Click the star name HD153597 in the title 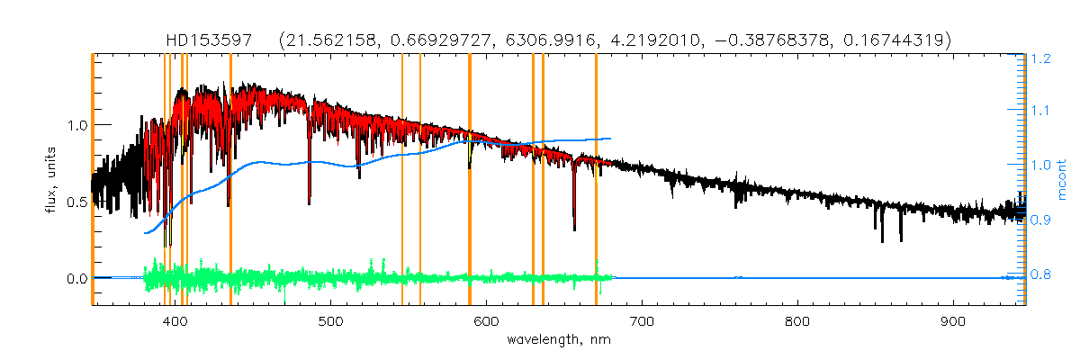208,40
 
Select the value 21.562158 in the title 328,40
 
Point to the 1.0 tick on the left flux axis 75,124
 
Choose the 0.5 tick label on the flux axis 75,202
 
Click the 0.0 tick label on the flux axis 75,279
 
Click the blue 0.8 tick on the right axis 1042,274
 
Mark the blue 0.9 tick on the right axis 1042,220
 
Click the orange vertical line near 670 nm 596,180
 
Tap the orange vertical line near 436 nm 231,180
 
